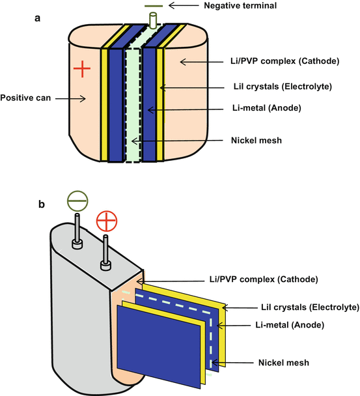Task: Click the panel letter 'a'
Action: click(38, 20)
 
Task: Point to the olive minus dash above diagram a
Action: click(154, 5)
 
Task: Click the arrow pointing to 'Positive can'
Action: click(67, 100)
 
